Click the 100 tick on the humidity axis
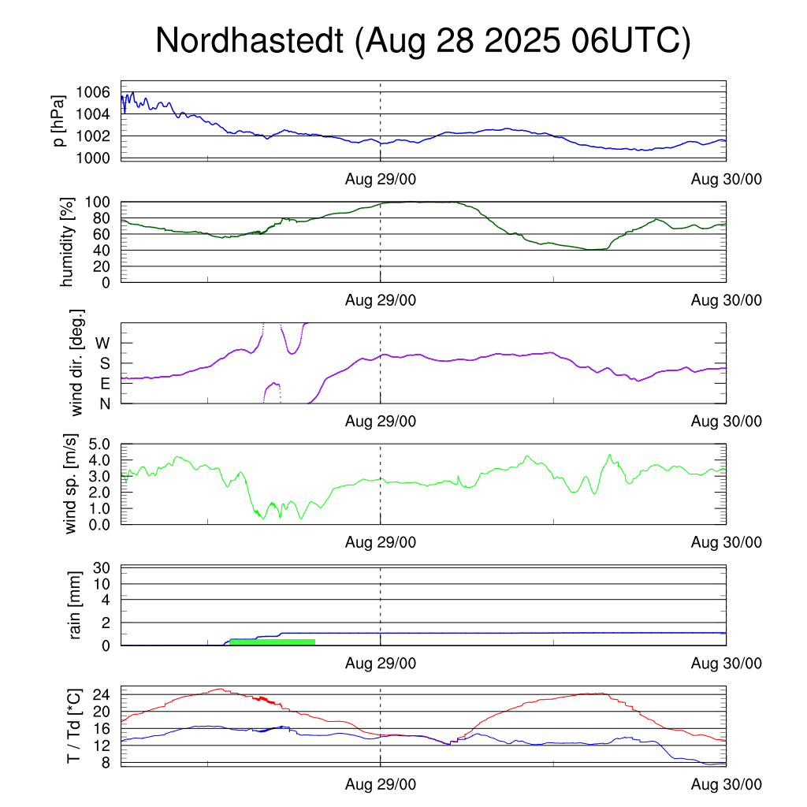pos(99,203)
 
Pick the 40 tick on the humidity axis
pos(102,251)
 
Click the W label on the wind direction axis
pos(103,343)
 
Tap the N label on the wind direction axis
pos(104,403)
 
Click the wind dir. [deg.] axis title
pos(77,363)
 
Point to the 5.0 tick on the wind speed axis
pos(99,444)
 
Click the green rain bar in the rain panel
pos(272,642)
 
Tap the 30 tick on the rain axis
pos(102,567)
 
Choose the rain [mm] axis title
pos(76,605)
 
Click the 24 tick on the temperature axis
pos(102,695)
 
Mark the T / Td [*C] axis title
pos(73,725)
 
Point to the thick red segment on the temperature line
pos(262,699)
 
